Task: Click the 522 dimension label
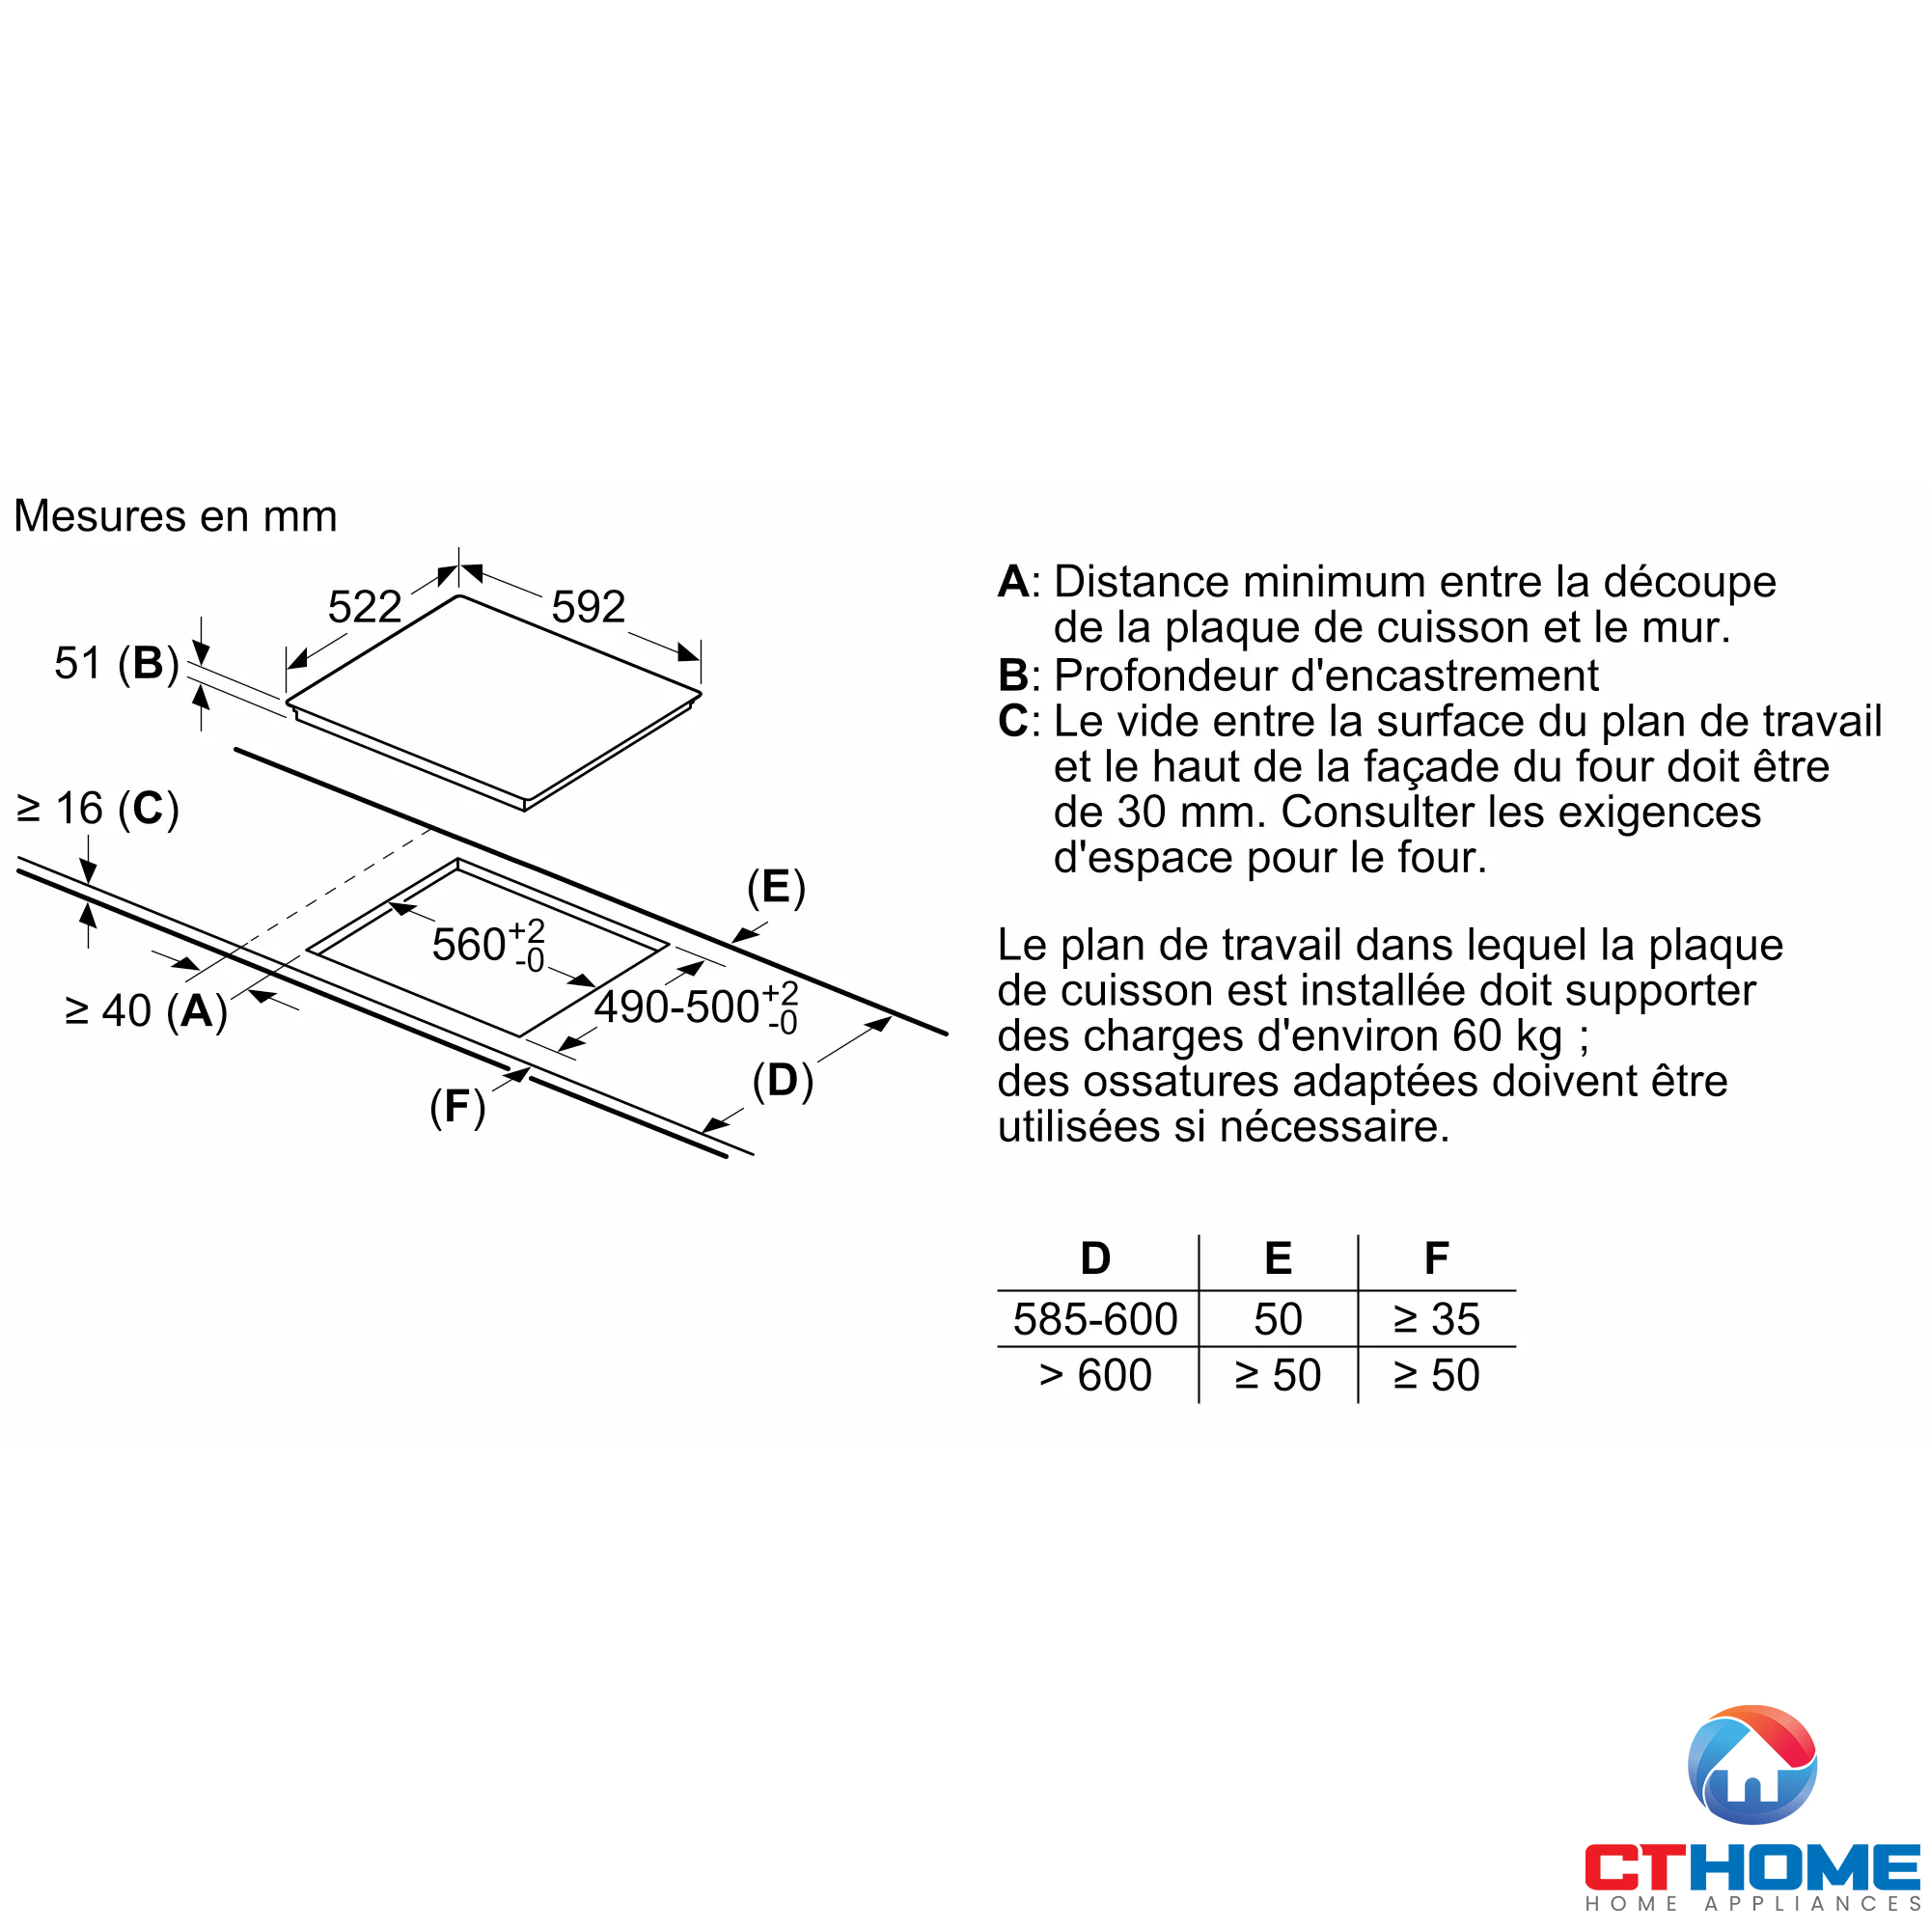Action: click(x=365, y=607)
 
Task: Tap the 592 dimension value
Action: click(x=589, y=607)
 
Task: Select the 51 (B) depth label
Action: click(x=116, y=663)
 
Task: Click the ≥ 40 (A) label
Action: click(x=146, y=1011)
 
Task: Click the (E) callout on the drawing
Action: click(x=776, y=887)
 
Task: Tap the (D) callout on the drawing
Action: click(x=783, y=1081)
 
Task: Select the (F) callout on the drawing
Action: click(x=457, y=1107)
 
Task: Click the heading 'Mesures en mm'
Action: click(x=176, y=516)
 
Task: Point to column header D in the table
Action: click(x=1096, y=1258)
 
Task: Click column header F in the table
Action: click(x=1437, y=1258)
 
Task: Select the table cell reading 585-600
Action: click(x=1096, y=1319)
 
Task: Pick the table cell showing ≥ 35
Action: click(x=1437, y=1319)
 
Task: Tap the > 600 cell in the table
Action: click(x=1096, y=1375)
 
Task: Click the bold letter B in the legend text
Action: click(x=1013, y=676)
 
